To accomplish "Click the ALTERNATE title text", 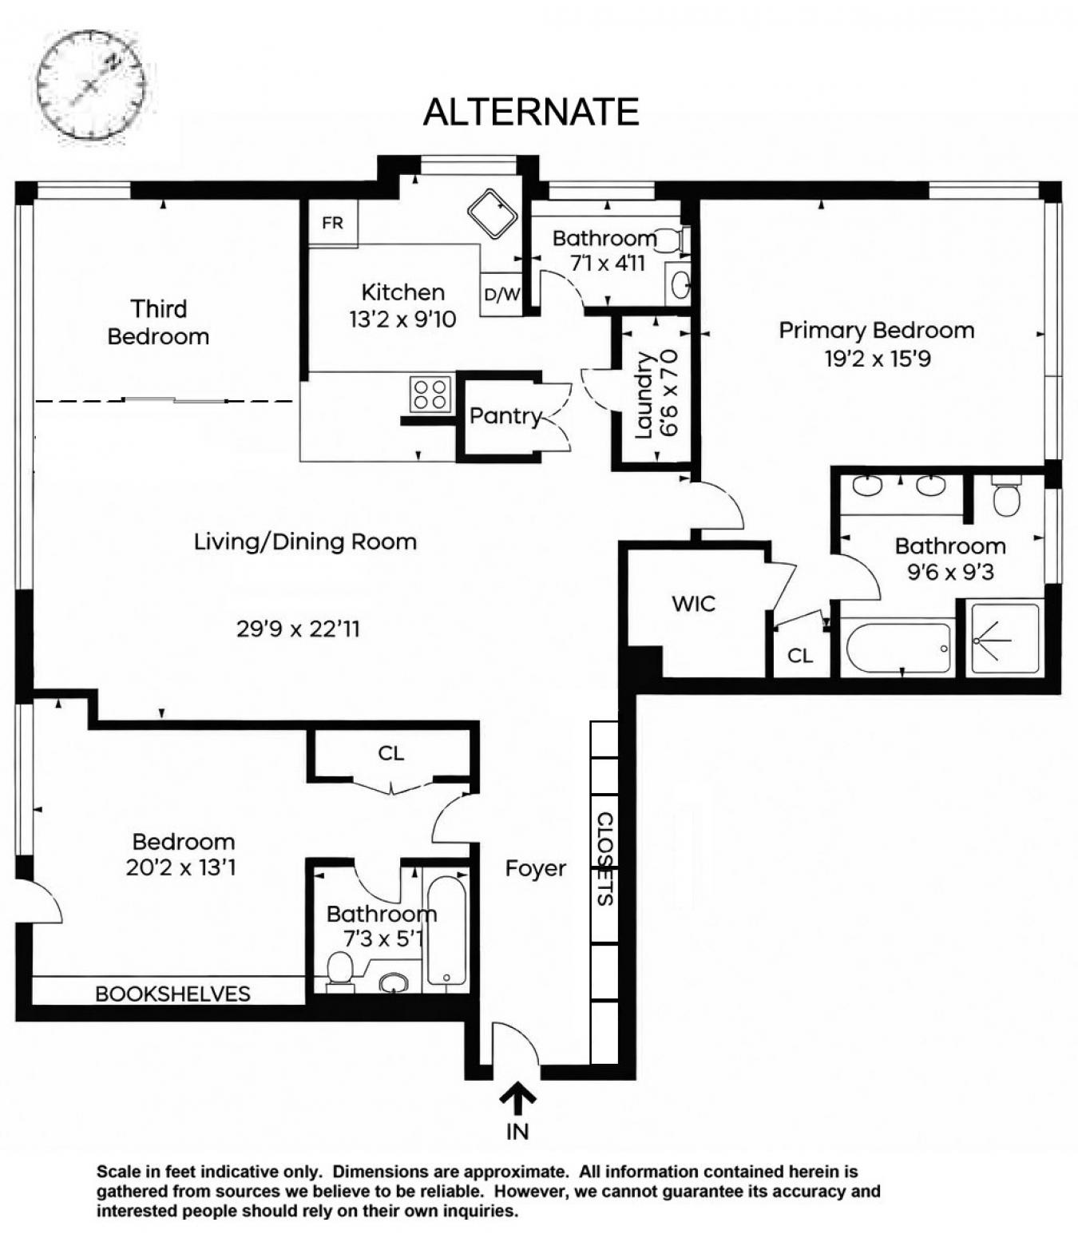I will (531, 112).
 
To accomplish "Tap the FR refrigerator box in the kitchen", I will (333, 223).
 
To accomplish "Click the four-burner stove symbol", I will (430, 394).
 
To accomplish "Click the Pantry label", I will (505, 416).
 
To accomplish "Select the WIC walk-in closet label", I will (693, 604).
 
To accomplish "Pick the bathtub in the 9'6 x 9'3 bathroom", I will (899, 647).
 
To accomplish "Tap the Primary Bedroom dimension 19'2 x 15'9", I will (877, 359).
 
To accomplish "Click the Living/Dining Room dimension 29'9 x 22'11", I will (298, 629).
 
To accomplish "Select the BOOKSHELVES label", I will (172, 994).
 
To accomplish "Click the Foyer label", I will (535, 868).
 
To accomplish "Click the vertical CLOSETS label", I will (605, 859).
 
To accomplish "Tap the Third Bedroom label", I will (158, 322).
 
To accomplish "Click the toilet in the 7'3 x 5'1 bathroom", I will (341, 969).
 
